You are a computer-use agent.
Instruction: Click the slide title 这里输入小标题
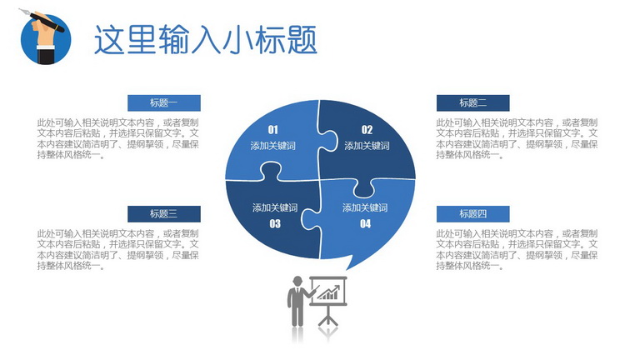point(206,40)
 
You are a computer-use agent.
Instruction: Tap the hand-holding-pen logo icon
point(44,37)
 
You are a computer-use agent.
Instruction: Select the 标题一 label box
point(164,102)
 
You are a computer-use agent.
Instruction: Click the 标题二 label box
point(473,102)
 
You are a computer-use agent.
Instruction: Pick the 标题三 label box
point(164,214)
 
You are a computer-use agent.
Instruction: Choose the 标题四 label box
point(473,214)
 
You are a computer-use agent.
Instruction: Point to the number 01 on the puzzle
point(273,130)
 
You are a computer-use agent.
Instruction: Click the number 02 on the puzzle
point(367,130)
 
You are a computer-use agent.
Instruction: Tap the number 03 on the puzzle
point(275,223)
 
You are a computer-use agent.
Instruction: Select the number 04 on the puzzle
point(365,223)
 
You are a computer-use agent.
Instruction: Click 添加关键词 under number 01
point(273,146)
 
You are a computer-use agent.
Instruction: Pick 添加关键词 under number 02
point(367,146)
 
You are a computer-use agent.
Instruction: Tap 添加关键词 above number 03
point(275,207)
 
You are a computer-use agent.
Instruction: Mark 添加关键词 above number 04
point(365,207)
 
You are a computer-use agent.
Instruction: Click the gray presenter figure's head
point(297,281)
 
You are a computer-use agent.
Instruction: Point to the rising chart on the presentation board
point(328,292)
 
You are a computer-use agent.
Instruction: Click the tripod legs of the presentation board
point(328,316)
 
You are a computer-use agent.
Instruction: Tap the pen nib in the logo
point(24,12)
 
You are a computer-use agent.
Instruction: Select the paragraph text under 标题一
point(118,138)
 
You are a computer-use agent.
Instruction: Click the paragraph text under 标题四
point(517,249)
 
